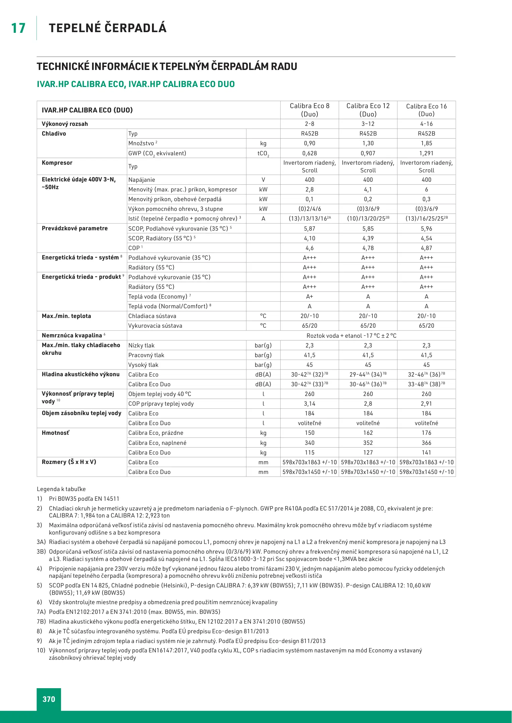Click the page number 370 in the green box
tap(49, 699)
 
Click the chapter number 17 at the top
tap(18, 28)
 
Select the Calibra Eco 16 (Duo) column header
tap(426, 110)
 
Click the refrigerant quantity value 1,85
tap(426, 143)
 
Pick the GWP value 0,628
tap(309, 153)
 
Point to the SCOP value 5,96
tap(426, 229)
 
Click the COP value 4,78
tap(368, 248)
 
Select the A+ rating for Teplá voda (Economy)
tap(309, 297)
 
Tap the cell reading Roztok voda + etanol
tap(351, 336)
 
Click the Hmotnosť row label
tap(55, 433)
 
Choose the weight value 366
tap(426, 443)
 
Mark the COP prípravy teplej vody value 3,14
tap(309, 404)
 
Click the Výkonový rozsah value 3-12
tap(368, 124)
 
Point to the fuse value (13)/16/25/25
tap(426, 219)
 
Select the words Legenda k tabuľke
tap(61, 489)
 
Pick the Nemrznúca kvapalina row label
tap(72, 335)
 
